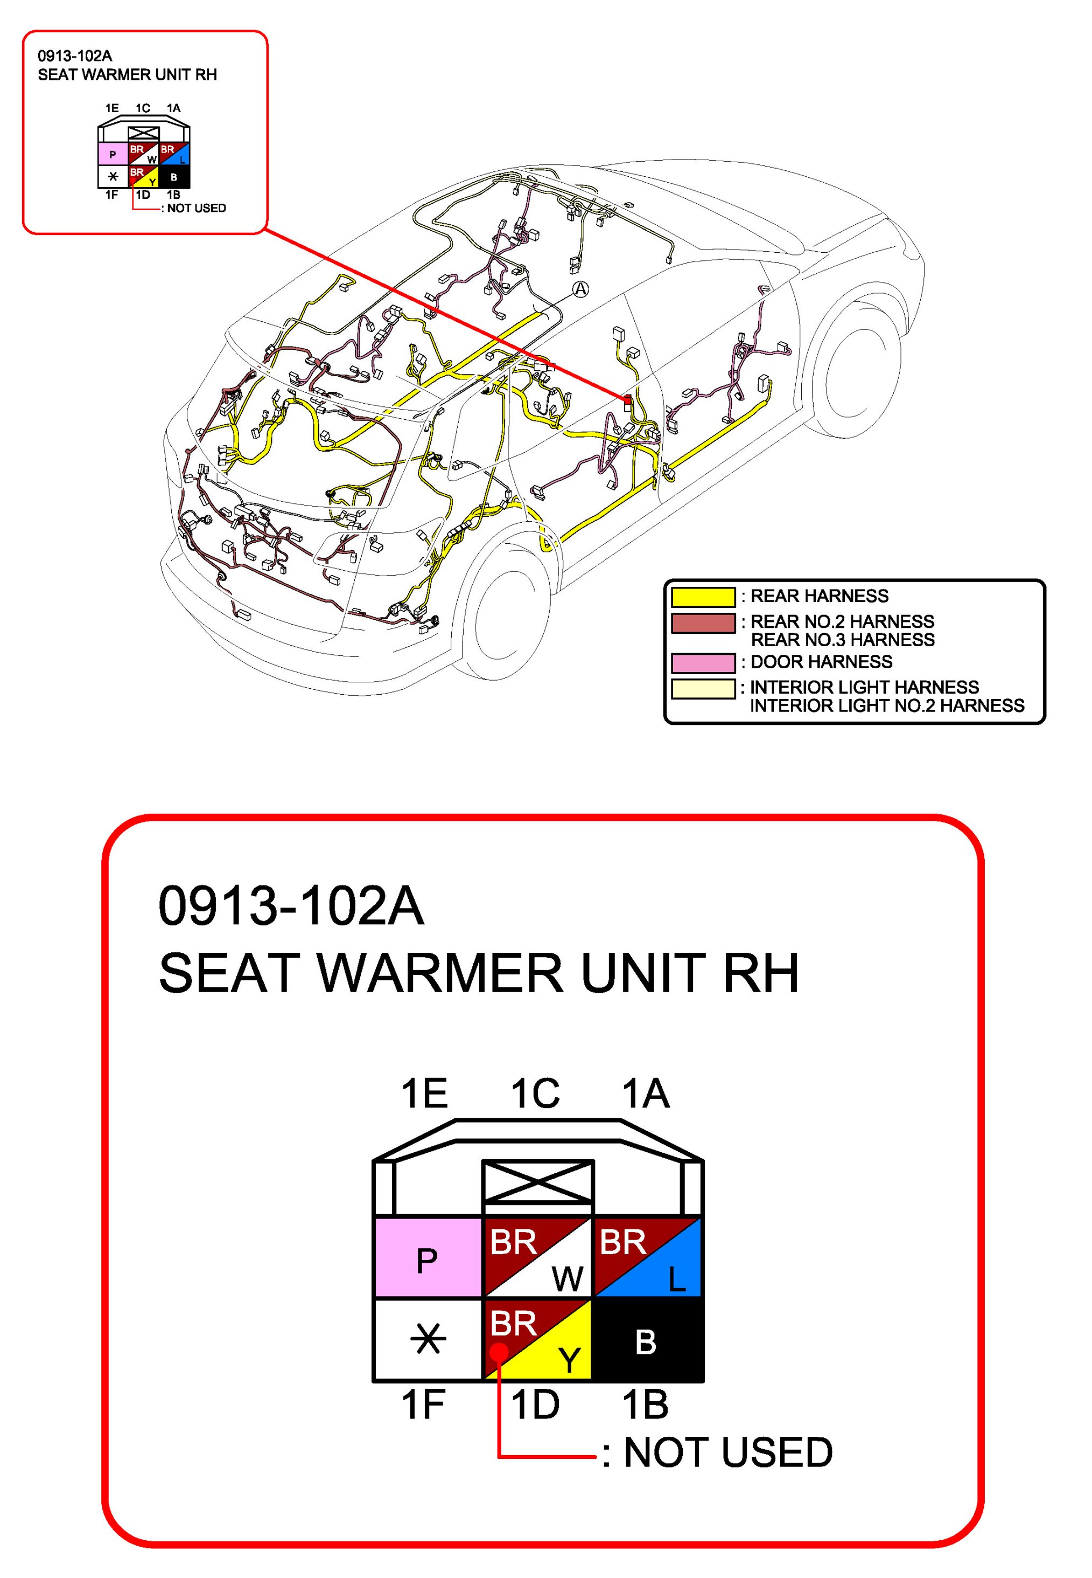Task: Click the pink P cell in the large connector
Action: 427,1258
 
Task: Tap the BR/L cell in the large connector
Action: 647,1258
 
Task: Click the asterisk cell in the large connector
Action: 428,1339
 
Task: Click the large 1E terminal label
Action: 424,1093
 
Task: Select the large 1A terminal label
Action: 645,1093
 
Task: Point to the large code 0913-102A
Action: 291,906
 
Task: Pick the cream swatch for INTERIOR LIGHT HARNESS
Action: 703,688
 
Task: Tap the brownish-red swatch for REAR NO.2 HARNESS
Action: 703,623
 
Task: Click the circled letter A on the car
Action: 580,289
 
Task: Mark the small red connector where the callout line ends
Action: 627,400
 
